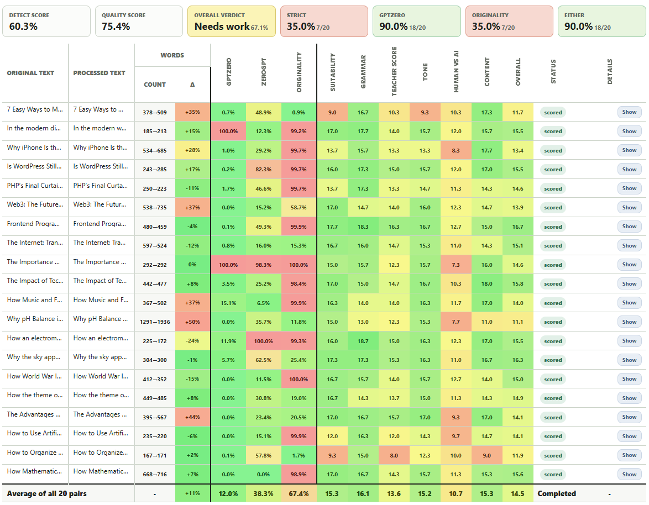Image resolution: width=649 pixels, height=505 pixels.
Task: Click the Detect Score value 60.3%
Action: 23,27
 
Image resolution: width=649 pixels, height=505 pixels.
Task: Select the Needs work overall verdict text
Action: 222,27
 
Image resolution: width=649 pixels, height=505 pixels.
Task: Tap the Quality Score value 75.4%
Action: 116,27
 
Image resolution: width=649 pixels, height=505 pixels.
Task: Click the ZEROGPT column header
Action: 264,72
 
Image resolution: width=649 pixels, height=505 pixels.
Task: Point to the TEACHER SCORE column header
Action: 394,71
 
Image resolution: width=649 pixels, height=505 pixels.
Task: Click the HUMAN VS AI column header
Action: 456,72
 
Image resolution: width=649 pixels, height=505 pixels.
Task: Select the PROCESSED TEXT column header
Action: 99,73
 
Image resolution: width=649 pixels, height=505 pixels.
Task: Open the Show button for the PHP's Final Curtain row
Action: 629,188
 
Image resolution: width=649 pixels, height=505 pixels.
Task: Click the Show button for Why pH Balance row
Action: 629,322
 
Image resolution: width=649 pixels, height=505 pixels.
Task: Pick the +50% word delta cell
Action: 192,322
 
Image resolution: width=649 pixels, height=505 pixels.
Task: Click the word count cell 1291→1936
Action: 155,322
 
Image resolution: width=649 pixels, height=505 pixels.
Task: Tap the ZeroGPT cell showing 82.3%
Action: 264,169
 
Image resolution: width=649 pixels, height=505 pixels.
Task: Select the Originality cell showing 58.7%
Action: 299,207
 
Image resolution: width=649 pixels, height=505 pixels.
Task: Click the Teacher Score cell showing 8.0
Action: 394,455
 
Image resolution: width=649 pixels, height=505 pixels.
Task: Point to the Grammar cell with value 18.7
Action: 363,341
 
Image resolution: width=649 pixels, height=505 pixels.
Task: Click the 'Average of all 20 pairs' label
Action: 47,493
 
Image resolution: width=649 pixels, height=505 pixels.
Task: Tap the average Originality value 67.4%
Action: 299,493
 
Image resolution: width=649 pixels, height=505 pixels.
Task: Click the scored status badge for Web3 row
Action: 553,207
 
